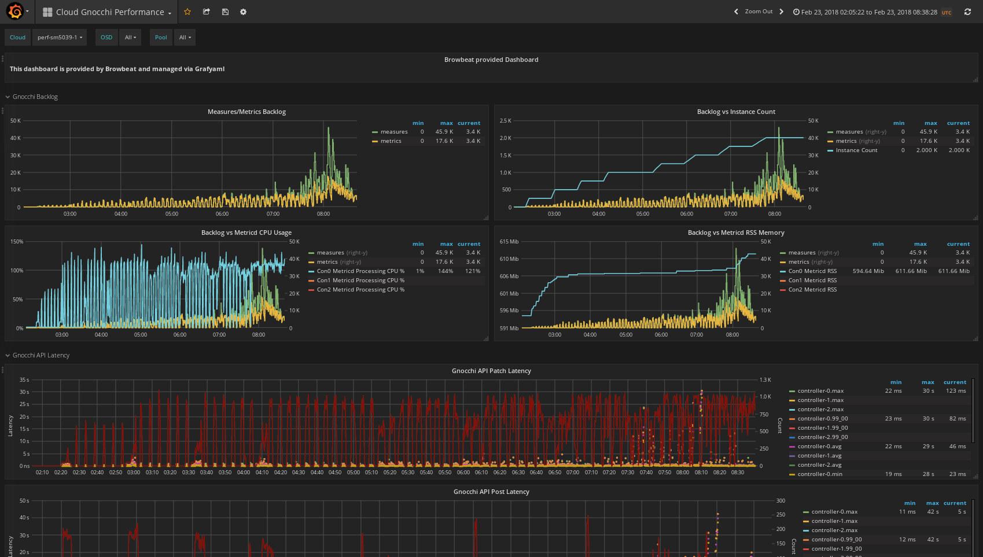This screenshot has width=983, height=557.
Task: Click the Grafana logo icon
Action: pyautogui.click(x=15, y=12)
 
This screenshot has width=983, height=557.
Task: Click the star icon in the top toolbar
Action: pyautogui.click(x=187, y=12)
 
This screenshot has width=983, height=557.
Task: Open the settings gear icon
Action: pyautogui.click(x=243, y=12)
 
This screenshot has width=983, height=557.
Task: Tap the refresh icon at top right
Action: pyautogui.click(x=967, y=12)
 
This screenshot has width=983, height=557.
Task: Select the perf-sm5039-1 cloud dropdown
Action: pyautogui.click(x=60, y=37)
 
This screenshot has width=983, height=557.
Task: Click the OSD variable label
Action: pyautogui.click(x=106, y=37)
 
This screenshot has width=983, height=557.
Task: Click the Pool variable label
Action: pyautogui.click(x=161, y=37)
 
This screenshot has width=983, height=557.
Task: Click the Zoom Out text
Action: pyautogui.click(x=759, y=12)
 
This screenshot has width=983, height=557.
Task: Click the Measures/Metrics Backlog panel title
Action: pyautogui.click(x=246, y=112)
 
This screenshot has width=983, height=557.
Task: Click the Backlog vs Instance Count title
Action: pyautogui.click(x=736, y=112)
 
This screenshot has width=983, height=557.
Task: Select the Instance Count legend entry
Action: pyautogui.click(x=856, y=150)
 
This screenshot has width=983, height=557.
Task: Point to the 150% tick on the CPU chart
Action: pyautogui.click(x=17, y=242)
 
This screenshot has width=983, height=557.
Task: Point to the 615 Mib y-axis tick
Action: pyautogui.click(x=509, y=242)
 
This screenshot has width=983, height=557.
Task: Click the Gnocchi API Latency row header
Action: pyautogui.click(x=41, y=355)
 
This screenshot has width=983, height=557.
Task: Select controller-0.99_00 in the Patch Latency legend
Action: pyautogui.click(x=822, y=419)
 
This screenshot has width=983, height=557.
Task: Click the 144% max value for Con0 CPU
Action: pyautogui.click(x=445, y=271)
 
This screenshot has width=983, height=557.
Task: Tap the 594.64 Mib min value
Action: pyautogui.click(x=868, y=271)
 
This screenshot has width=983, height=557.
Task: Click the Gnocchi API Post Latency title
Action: pyautogui.click(x=491, y=492)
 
